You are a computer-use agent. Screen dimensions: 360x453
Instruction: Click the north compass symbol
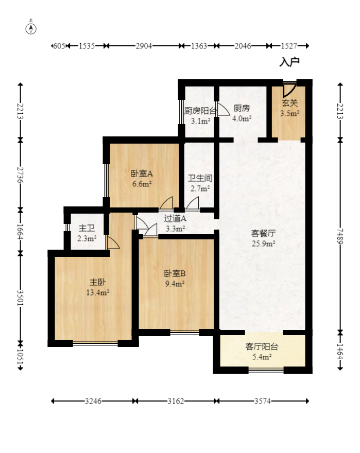[x=31, y=28]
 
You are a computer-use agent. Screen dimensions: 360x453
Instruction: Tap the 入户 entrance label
[x=289, y=62]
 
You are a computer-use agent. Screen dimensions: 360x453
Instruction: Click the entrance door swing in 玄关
[x=289, y=90]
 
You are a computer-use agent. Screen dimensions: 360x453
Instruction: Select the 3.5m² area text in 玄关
[x=289, y=113]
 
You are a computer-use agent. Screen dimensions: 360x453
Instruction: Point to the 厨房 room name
[x=242, y=108]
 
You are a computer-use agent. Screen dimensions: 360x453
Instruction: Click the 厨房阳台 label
[x=200, y=111]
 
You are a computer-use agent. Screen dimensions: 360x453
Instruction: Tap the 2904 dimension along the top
[x=144, y=46]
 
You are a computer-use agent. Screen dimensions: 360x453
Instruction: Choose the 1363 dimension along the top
[x=199, y=46]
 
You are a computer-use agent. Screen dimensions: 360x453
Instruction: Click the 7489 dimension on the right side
[x=340, y=236]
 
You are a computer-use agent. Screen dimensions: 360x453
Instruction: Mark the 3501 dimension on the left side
[x=20, y=298]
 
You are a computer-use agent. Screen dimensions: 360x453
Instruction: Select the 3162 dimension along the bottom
[x=176, y=401]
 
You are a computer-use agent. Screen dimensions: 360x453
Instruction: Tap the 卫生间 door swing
[x=192, y=203]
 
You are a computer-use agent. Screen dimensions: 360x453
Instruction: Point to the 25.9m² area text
[x=263, y=243]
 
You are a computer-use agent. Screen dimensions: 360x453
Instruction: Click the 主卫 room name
[x=87, y=228]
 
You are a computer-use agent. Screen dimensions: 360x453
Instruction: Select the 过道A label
[x=175, y=218]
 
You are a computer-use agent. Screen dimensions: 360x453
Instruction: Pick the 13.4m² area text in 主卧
[x=98, y=292]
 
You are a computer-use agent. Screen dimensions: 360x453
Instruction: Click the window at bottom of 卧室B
[x=184, y=333]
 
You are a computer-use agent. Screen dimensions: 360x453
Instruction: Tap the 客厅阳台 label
[x=262, y=346]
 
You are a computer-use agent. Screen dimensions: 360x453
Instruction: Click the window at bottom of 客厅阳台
[x=266, y=370]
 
